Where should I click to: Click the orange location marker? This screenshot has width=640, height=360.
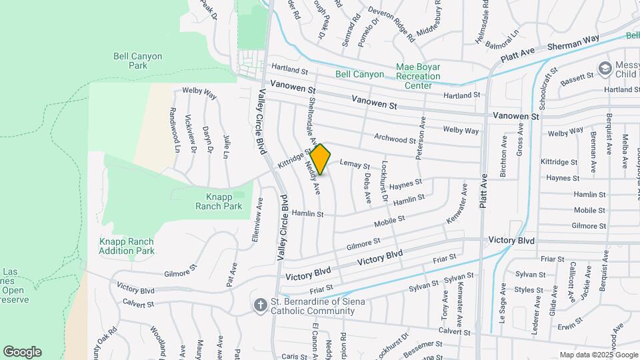click(321, 159)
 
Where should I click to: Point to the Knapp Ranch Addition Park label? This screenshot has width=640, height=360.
click(127, 246)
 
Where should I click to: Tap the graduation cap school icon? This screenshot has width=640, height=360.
click(605, 68)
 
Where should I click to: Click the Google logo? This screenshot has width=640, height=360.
click(23, 352)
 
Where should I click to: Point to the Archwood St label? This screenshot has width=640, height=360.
click(395, 140)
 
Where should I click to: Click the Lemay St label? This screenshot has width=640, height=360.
click(355, 163)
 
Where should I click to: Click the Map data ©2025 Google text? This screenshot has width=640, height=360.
click(597, 355)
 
